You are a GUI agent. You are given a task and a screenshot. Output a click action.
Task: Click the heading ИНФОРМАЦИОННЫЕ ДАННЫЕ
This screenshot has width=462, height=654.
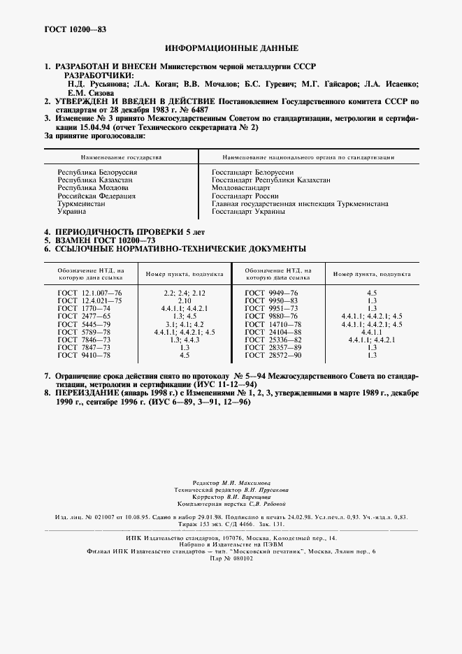click(x=231, y=48)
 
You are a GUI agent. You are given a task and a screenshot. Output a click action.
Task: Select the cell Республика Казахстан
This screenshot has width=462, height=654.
click(x=95, y=180)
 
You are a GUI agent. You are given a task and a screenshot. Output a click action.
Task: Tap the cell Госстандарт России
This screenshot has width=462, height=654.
click(x=246, y=196)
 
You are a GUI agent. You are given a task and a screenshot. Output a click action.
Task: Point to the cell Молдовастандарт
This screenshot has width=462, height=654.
click(x=240, y=188)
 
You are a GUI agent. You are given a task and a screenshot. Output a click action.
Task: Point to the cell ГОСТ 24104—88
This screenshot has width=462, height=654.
click(x=272, y=331)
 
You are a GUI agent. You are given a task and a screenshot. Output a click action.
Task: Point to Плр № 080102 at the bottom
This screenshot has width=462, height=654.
click(x=231, y=558)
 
